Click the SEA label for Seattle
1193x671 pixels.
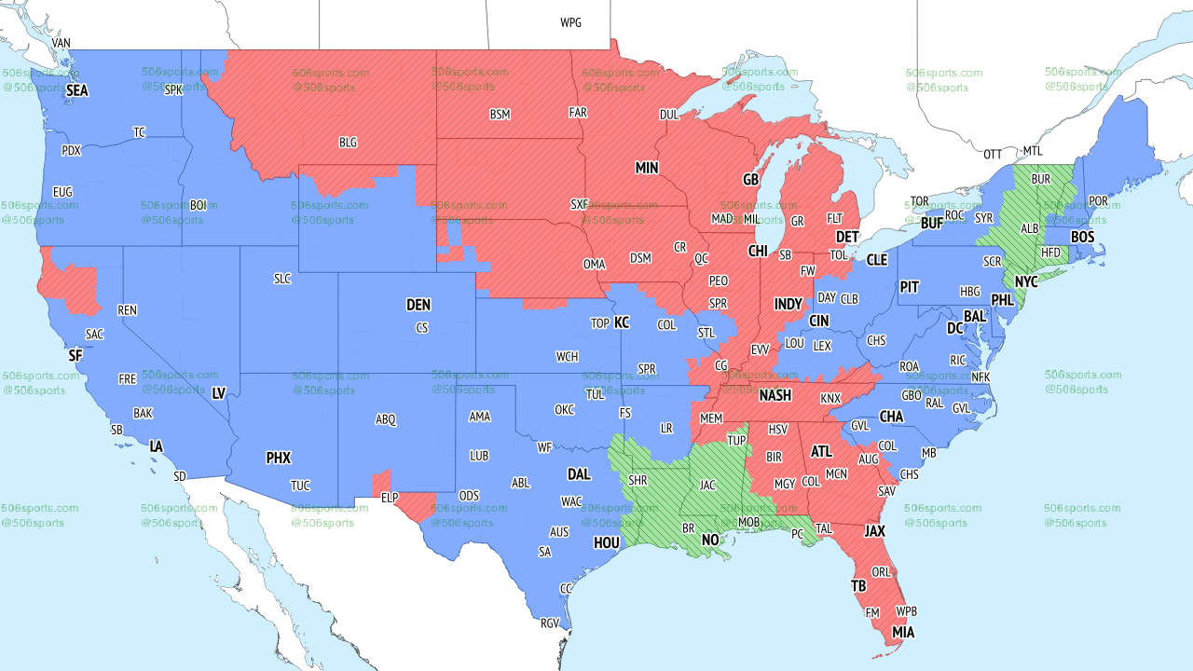(77, 90)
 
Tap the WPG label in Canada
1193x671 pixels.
(570, 22)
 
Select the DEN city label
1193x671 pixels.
(418, 305)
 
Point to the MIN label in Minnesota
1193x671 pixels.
(647, 168)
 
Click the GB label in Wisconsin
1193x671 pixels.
(750, 179)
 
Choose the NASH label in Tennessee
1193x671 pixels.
(775, 395)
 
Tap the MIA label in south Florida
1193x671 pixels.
(902, 632)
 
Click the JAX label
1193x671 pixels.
(874, 531)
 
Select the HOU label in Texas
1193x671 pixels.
(606, 542)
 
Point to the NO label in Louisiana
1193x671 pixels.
(710, 540)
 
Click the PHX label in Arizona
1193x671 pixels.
(278, 458)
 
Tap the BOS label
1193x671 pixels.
(1082, 238)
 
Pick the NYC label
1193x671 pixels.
(1026, 281)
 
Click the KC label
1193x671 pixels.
(622, 322)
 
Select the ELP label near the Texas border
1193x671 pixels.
(390, 498)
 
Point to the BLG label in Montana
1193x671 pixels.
(348, 143)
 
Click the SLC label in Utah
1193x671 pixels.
(281, 279)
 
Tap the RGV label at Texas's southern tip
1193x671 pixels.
(549, 623)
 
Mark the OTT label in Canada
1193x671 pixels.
(994, 154)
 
